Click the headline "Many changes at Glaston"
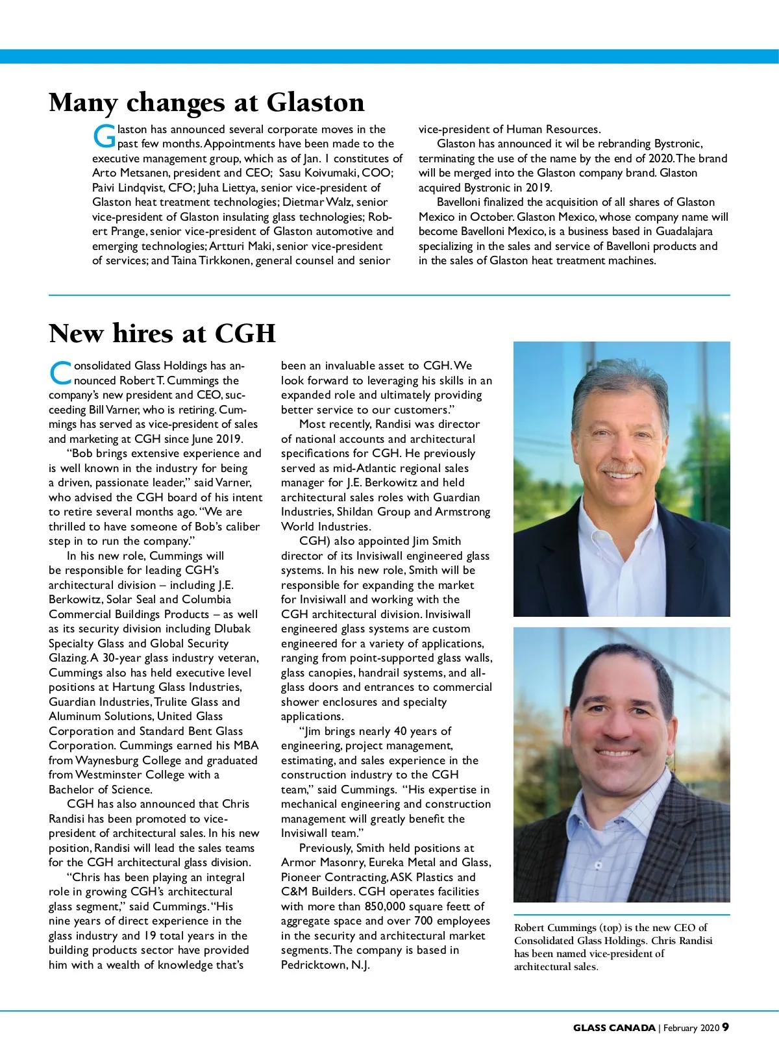coord(206,103)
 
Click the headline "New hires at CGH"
coord(162,334)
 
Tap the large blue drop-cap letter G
coord(104,137)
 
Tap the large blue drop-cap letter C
coord(60,373)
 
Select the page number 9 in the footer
coord(726,1027)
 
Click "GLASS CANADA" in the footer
coord(614,1028)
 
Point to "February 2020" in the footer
coord(691,1028)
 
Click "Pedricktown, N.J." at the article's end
coord(325,965)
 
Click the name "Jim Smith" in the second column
coord(436,541)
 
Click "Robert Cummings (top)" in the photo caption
coord(568,927)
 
